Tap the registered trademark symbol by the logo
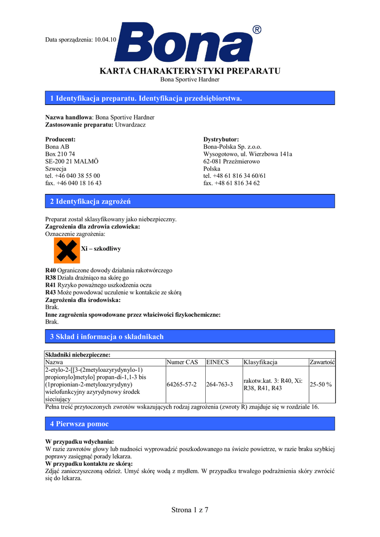coord(257,30)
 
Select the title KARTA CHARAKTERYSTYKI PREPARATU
coord(190,71)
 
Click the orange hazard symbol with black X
coord(67,250)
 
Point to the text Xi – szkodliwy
coord(101,249)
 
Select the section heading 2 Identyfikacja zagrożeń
coord(90,201)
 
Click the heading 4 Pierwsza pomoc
coord(79,423)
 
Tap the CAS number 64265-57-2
coord(182,384)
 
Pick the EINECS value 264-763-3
coord(219,384)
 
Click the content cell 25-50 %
coord(320,384)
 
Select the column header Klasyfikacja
coord(260,362)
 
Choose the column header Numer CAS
coord(182,362)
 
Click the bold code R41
coord(51,285)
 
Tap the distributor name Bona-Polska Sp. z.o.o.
coord(232,147)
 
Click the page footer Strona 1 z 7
coord(190,510)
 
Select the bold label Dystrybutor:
coord(221,139)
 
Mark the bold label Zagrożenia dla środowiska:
coord(83,300)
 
